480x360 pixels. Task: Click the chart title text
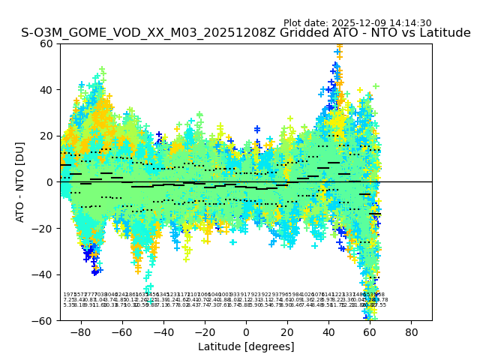[x=246, y=33]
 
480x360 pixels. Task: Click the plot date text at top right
[x=357, y=23]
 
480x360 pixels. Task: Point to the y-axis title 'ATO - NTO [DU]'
[x=21, y=181]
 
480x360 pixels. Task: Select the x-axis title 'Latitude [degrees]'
[x=246, y=346]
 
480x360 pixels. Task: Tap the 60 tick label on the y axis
[x=46, y=43]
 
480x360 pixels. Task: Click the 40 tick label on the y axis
[x=46, y=89]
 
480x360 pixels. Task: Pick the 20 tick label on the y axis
[x=46, y=136]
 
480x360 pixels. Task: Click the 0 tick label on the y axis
[x=49, y=181]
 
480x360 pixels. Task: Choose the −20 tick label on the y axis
[x=43, y=228]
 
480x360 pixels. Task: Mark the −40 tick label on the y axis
[x=43, y=274]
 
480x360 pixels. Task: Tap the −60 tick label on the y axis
[x=43, y=320]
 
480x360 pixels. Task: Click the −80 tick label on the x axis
[x=80, y=331]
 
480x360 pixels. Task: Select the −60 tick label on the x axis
[x=121, y=331]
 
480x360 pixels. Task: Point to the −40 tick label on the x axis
[x=163, y=331]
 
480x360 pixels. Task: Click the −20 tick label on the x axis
[x=204, y=331]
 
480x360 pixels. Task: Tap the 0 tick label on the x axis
[x=246, y=331]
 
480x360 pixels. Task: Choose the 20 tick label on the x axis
[x=287, y=331]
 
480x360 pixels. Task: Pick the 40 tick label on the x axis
[x=328, y=331]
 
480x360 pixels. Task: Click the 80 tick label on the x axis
[x=412, y=331]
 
